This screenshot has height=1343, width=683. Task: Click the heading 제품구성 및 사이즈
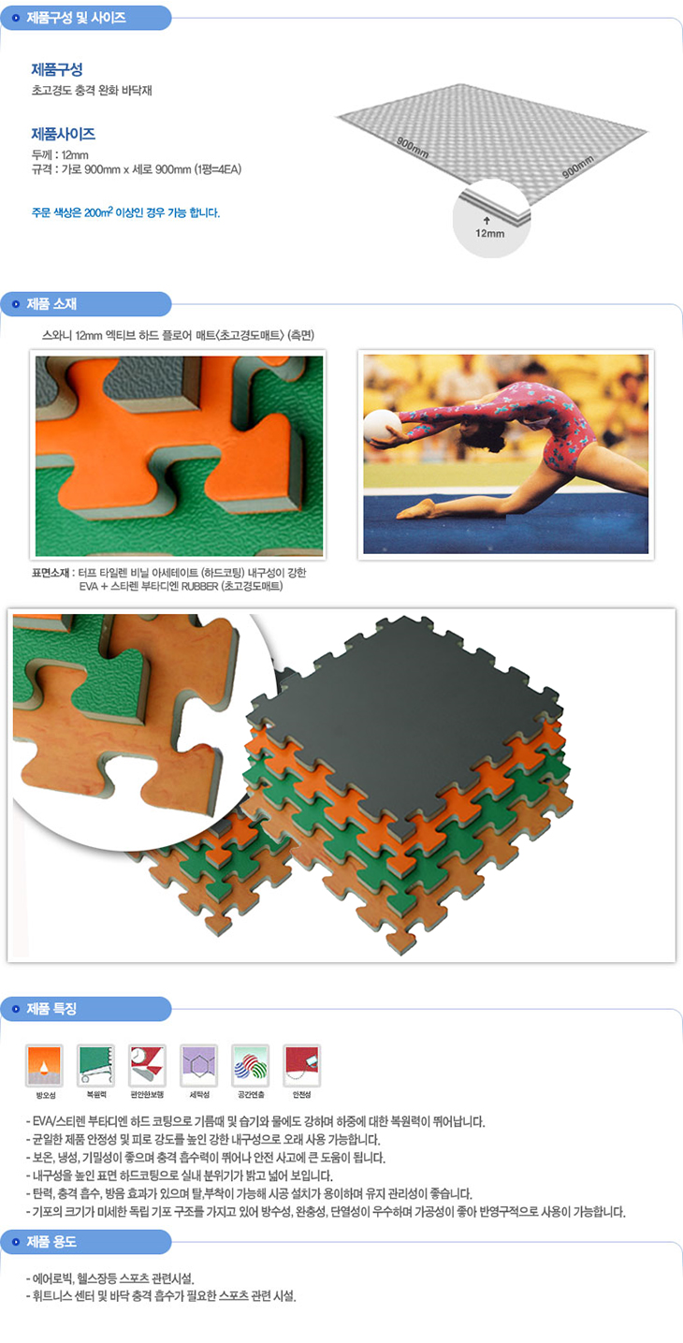point(76,18)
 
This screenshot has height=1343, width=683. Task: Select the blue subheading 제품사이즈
point(64,134)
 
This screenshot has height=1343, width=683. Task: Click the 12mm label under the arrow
point(489,233)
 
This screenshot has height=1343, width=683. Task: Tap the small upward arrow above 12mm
point(487,221)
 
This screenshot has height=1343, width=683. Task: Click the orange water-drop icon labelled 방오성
point(44,1065)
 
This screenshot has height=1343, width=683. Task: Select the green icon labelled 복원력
point(95,1065)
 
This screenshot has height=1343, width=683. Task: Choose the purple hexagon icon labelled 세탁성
point(199,1065)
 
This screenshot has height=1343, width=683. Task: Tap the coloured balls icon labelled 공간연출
point(251,1065)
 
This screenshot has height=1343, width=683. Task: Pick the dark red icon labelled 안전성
point(302,1065)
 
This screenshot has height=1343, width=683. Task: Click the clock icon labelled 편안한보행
point(148,1065)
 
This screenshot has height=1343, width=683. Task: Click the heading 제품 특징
point(51,1009)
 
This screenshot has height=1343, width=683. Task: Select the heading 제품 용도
point(51,1242)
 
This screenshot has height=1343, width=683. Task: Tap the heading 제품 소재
point(51,304)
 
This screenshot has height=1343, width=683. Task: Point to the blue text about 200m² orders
point(125,212)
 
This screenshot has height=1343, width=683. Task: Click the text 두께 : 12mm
point(60,154)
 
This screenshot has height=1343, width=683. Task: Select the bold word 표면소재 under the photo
point(51,573)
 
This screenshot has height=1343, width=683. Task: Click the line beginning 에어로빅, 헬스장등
point(110,1277)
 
